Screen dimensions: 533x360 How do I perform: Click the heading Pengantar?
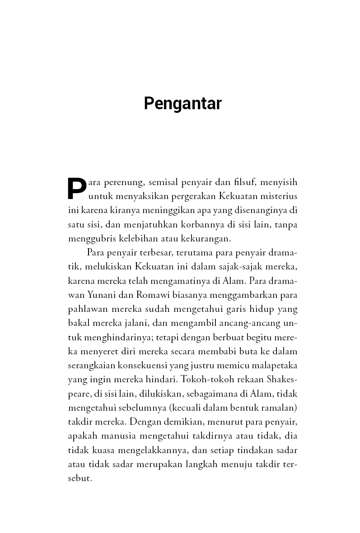pyautogui.click(x=182, y=104)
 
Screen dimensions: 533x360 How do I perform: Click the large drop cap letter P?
pyautogui.click(x=77, y=188)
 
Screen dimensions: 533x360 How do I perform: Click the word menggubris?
pyautogui.click(x=88, y=239)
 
